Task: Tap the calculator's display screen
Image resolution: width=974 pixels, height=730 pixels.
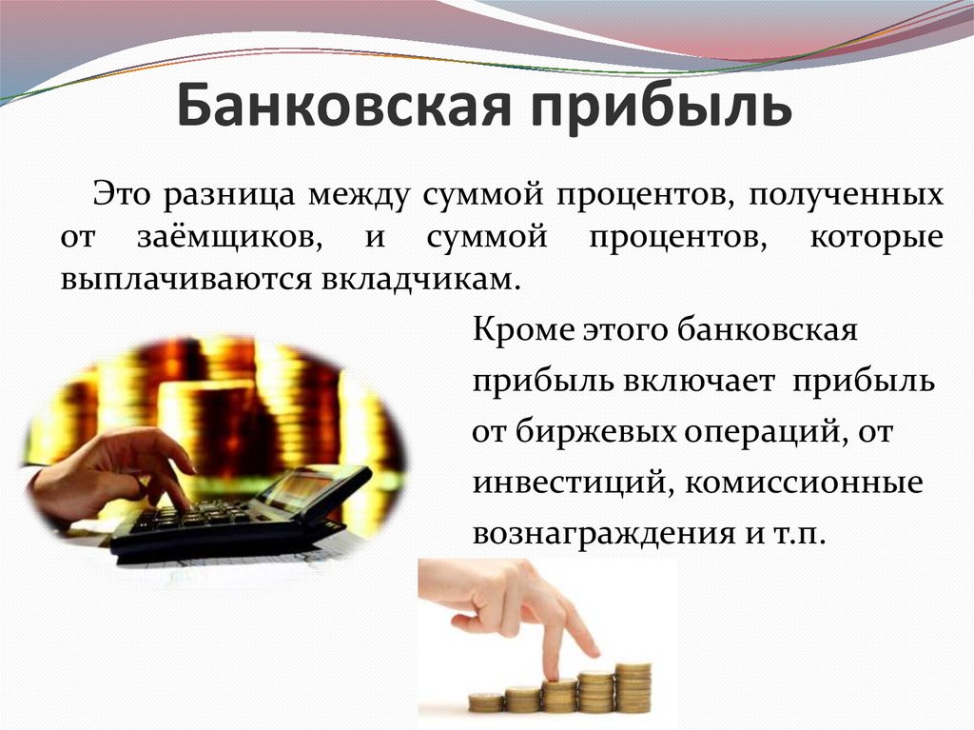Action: tap(296, 486)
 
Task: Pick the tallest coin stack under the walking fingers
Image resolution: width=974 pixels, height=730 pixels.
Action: tap(633, 686)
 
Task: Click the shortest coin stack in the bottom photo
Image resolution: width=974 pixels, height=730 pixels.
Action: tap(486, 701)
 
